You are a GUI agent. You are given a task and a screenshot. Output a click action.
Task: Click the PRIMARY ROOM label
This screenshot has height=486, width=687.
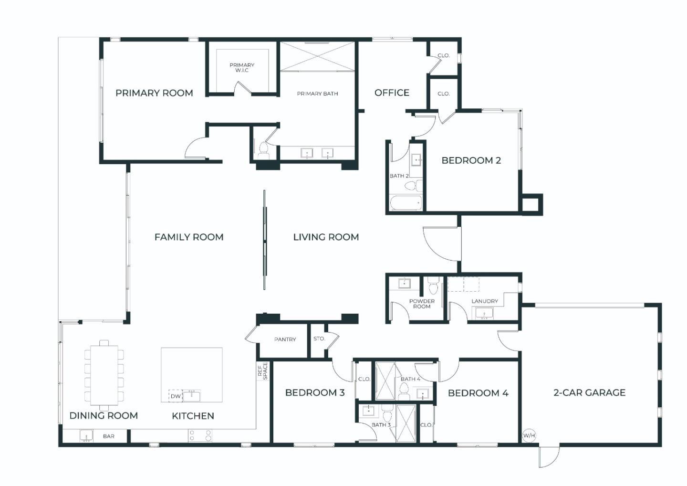pos(154,93)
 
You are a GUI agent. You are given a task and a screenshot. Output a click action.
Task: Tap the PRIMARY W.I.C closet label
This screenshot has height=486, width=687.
pos(242,68)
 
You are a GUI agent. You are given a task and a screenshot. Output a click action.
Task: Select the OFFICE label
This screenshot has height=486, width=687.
pos(392,93)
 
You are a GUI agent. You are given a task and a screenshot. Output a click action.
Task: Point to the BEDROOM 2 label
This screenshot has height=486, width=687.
pos(471,160)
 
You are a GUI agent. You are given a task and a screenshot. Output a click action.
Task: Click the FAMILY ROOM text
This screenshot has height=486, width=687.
pos(189,237)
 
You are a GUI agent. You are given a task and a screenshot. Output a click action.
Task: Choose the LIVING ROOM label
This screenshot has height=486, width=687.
pos(326,237)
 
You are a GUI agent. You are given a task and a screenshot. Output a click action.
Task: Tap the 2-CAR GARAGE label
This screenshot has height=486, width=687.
pos(589,392)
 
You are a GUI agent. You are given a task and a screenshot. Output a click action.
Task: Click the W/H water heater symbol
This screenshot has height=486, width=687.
pos(529,435)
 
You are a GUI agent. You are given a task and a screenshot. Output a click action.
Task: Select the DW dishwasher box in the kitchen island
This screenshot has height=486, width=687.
pos(176,396)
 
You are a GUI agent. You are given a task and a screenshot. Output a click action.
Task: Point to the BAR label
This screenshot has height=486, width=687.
pos(108,436)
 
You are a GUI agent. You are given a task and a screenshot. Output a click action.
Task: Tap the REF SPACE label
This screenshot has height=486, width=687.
pos(262,371)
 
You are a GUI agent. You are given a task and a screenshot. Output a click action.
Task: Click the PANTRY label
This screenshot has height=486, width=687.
pos(285,339)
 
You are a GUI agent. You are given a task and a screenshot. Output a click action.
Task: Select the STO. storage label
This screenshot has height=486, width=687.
pos(319,338)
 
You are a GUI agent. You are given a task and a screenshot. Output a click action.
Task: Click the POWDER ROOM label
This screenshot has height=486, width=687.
pos(422,304)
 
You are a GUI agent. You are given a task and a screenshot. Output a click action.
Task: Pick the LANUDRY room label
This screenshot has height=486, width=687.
pos(484,301)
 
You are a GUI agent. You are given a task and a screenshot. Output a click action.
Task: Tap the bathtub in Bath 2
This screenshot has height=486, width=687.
pos(406,203)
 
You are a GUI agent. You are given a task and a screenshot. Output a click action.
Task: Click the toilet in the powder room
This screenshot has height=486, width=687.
pos(433,286)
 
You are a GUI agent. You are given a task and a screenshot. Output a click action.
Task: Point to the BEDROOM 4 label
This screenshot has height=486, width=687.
pos(478,393)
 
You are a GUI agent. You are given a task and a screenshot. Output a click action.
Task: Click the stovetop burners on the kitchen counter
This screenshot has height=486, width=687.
pos(200,435)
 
